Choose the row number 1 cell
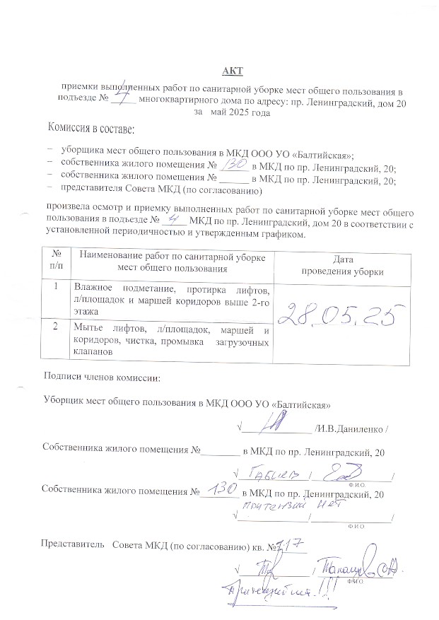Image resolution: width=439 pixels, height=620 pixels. tap(57, 287)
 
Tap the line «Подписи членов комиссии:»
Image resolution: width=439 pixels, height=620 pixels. tap(102, 375)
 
